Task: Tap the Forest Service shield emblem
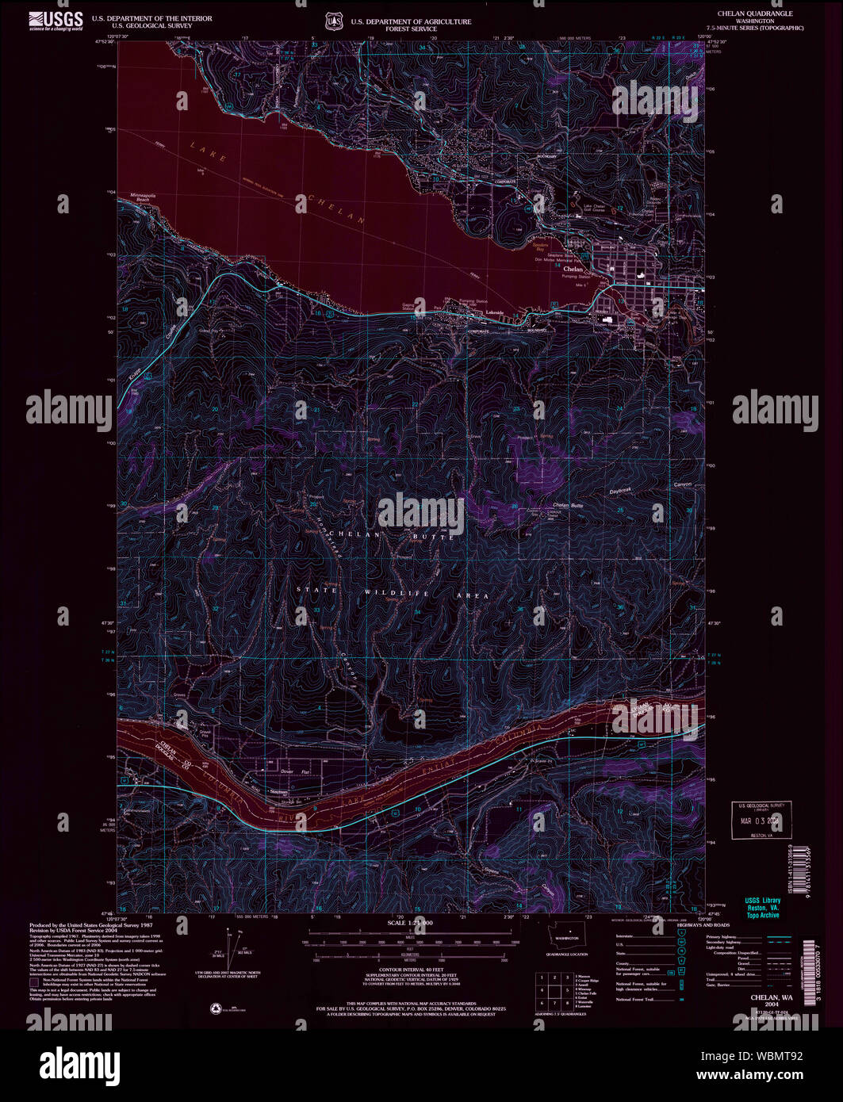[334, 21]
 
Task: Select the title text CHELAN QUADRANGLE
[754, 14]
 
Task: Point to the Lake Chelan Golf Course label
[595, 209]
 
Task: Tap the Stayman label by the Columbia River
[278, 792]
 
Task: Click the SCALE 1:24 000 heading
[410, 923]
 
